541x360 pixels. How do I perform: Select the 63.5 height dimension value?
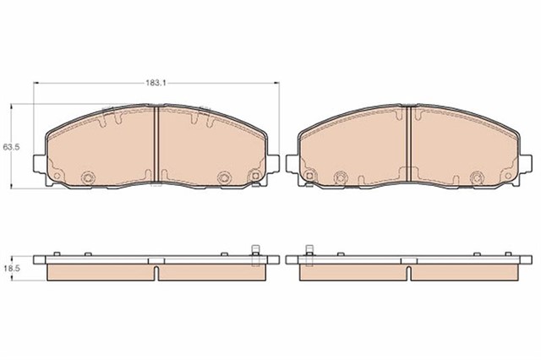coord(11,147)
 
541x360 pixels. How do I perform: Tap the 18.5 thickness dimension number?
coord(11,269)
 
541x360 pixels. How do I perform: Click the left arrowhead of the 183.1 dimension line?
coord(36,83)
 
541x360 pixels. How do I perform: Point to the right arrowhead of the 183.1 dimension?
coord(276,83)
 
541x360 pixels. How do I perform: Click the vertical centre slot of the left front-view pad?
coord(156,144)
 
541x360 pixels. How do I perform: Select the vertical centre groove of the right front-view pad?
coord(409,144)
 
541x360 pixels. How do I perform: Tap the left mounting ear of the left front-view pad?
coord(40,163)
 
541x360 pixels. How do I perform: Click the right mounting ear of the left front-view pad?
coord(273,163)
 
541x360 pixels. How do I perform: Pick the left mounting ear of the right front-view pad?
coord(292,163)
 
